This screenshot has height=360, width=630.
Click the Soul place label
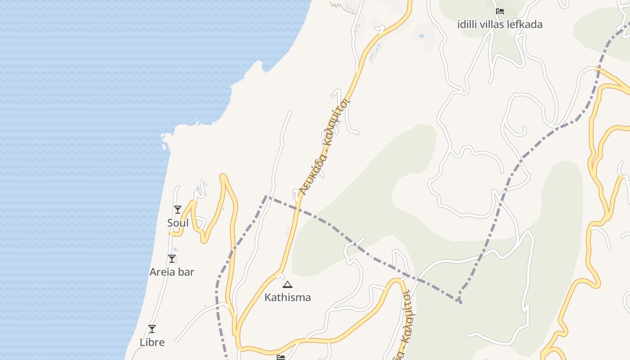coord(178,223)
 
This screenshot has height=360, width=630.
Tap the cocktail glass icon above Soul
coord(178,210)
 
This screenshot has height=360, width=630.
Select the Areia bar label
coord(172,272)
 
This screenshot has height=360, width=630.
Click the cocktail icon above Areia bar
coord(172,259)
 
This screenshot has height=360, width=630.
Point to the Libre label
coord(152,342)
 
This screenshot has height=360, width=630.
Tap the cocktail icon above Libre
coord(152,329)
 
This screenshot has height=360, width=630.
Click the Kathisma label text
coord(288,297)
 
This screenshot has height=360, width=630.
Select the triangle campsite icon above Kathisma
coord(288,284)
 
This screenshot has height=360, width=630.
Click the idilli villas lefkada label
coord(499,24)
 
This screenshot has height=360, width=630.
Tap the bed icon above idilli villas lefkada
coord(499,11)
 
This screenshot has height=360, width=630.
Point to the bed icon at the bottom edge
coord(281,357)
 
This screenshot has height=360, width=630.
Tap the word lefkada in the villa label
coord(526,24)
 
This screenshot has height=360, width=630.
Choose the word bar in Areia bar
coord(186,272)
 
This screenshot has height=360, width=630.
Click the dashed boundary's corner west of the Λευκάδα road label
coord(266,196)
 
